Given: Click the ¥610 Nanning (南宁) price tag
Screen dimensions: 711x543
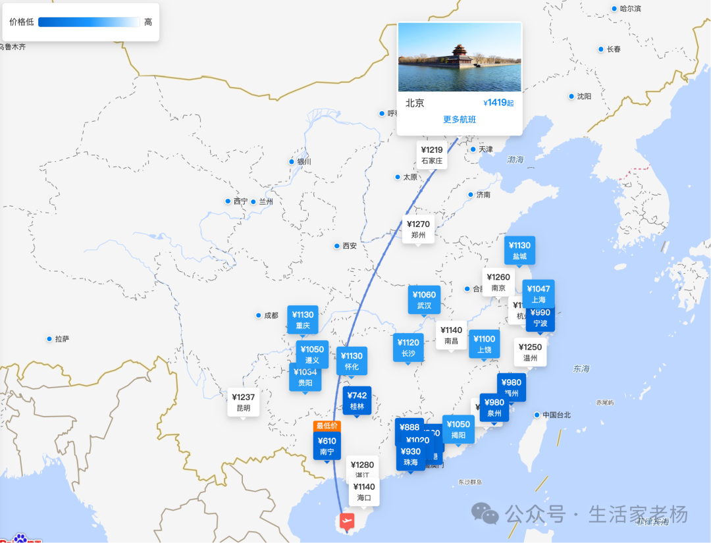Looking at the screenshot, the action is click(x=327, y=446).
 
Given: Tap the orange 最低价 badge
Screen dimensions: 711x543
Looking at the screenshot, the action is click(x=327, y=426).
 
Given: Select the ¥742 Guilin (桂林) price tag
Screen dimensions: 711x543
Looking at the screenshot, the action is click(x=357, y=401).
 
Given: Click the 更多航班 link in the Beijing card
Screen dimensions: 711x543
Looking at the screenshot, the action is click(x=460, y=120).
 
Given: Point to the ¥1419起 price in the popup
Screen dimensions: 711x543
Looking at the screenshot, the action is click(x=498, y=103).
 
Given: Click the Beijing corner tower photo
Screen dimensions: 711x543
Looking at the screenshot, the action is click(x=460, y=57).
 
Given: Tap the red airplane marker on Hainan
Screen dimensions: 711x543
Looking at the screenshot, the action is click(x=346, y=522).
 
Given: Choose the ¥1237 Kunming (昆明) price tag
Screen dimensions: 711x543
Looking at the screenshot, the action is click(x=244, y=402).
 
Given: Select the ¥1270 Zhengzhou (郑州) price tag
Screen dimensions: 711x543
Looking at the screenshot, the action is click(x=418, y=229).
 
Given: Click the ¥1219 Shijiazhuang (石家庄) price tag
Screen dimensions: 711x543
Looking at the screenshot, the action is click(x=432, y=155).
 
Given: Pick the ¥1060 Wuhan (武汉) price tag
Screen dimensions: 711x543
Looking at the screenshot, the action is click(x=424, y=300).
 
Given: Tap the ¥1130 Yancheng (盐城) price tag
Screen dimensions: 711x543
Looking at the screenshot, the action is click(x=519, y=251).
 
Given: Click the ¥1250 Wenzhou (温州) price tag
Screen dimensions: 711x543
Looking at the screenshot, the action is click(x=530, y=353).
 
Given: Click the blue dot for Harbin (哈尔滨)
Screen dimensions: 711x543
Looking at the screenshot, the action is click(x=615, y=9).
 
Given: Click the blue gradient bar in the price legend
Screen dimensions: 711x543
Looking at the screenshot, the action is click(x=89, y=22).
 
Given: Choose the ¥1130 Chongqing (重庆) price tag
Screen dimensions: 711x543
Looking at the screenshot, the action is click(x=303, y=320).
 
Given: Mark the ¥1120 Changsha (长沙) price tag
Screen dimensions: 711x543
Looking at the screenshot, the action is click(x=408, y=348).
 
